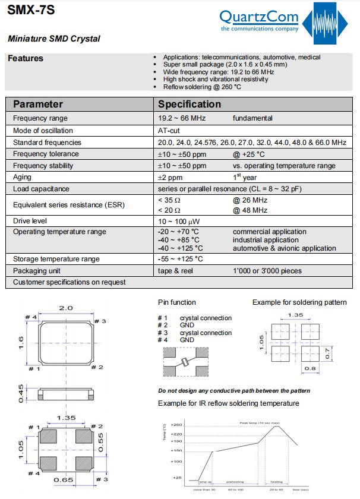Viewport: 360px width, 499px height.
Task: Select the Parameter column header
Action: (x=38, y=104)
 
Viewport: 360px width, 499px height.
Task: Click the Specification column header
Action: (x=189, y=104)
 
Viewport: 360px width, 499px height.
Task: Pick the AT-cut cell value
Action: (x=169, y=130)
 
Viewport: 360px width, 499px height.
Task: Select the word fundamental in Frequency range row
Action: (x=252, y=118)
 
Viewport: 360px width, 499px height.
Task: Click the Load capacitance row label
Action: (x=41, y=189)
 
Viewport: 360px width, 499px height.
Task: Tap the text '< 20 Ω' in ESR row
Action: (x=170, y=210)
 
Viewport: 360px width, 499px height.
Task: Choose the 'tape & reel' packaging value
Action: (x=176, y=271)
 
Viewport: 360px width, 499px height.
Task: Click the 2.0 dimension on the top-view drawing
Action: (x=65, y=308)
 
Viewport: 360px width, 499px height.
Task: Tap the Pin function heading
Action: (x=177, y=302)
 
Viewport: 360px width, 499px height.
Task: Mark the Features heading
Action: (x=26, y=58)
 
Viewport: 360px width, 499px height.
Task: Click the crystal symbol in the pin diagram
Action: (x=186, y=362)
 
